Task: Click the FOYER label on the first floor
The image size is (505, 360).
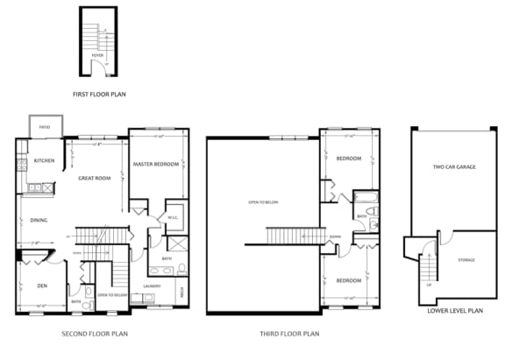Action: [x=97, y=55]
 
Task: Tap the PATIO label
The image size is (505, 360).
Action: [x=44, y=128]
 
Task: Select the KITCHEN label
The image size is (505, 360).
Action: [x=44, y=161]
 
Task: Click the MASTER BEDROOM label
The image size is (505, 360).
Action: [x=156, y=165]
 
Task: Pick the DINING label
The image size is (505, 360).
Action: [x=39, y=221]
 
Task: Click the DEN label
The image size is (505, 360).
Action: [x=42, y=286]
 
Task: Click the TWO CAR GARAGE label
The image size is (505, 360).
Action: [x=453, y=166]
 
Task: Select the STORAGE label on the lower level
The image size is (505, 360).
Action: [x=466, y=260]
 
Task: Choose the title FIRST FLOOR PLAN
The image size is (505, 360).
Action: [x=98, y=92]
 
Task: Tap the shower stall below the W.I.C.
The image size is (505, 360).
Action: [x=176, y=244]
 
